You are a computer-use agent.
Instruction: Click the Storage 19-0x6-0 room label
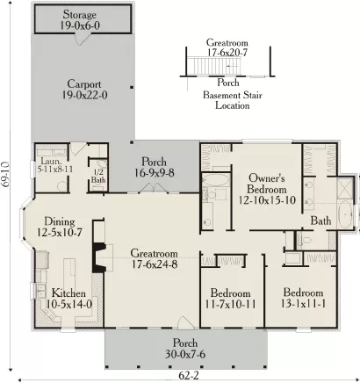coord(80,20)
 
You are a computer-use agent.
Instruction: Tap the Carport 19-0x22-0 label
coord(84,90)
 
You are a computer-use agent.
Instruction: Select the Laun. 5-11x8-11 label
coord(55,165)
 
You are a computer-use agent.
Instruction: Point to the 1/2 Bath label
coord(98,176)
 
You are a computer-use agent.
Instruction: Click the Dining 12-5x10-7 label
coord(60,227)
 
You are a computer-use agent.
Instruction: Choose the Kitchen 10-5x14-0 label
coord(69,299)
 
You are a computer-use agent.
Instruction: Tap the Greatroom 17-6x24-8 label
coord(155,259)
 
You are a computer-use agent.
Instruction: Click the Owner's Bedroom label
coord(267,189)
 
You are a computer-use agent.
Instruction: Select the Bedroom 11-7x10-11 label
coord(230,299)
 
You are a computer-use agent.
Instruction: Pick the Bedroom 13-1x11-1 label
coord(303,298)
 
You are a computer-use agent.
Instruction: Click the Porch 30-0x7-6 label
coord(185,349)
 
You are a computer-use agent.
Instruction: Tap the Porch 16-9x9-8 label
coord(155,167)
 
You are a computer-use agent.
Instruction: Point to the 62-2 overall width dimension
coord(189,375)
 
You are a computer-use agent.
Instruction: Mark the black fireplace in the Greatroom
coord(99,257)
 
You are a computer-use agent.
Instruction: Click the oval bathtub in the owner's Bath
coord(345,215)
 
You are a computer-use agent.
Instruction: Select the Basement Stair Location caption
coord(233,100)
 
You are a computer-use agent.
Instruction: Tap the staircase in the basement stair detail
coord(214,66)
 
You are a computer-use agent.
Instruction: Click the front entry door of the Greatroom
coord(185,322)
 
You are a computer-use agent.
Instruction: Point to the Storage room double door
coord(83,39)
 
